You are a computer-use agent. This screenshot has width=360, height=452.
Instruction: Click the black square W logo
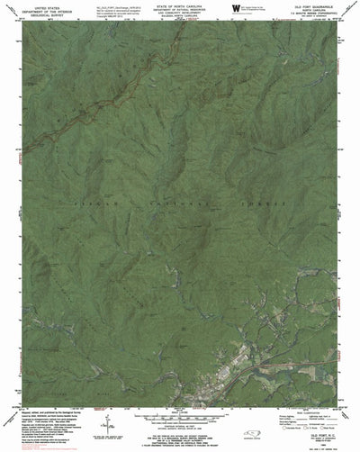(234, 7)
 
